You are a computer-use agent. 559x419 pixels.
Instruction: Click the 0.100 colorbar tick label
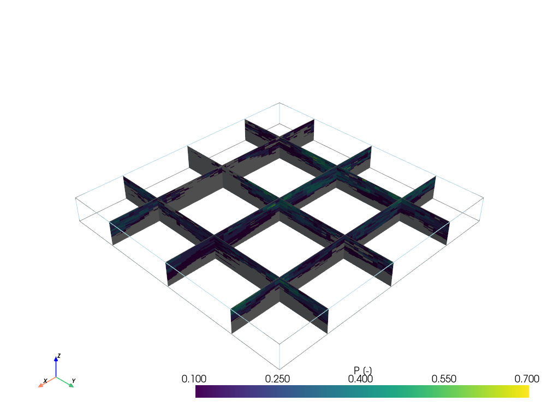(x=194, y=379)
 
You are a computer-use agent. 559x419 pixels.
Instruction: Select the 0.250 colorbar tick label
(x=277, y=379)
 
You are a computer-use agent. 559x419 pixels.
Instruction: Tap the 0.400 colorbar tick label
(x=360, y=379)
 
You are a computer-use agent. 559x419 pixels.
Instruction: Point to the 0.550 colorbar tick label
(x=444, y=379)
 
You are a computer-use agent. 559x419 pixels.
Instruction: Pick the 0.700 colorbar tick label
(x=527, y=379)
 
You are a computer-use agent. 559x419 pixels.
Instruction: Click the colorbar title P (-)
(x=362, y=370)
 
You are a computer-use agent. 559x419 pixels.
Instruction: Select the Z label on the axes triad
(x=59, y=356)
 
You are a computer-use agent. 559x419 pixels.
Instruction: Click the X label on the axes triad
(x=45, y=381)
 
